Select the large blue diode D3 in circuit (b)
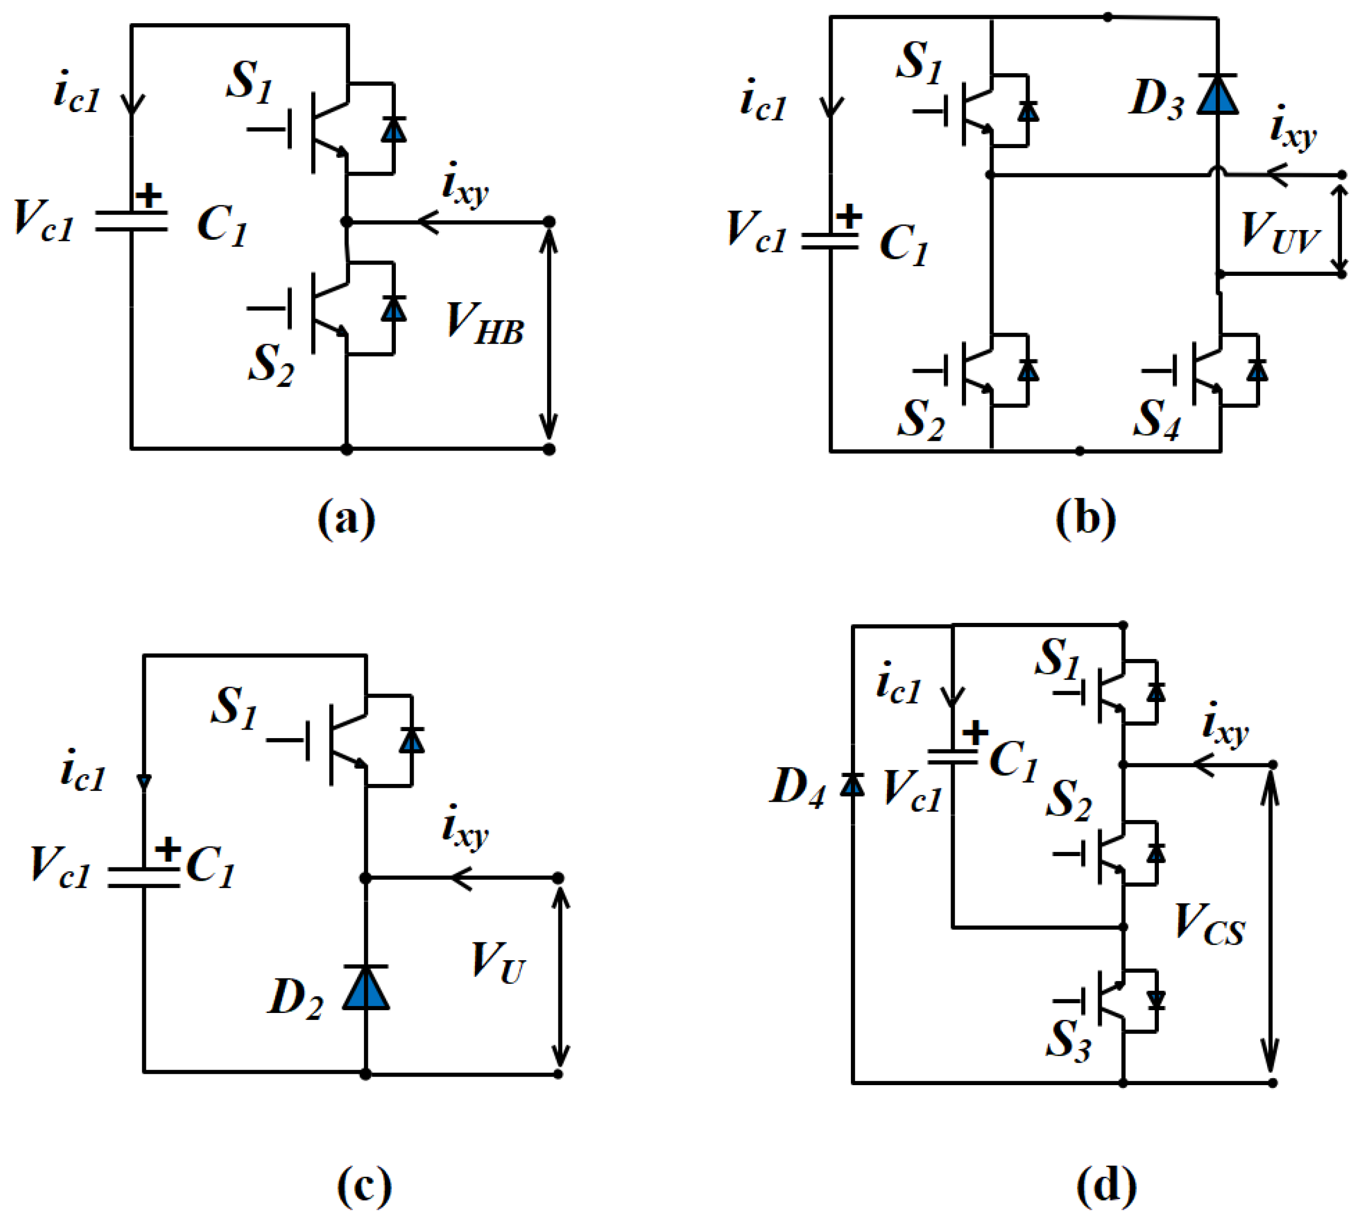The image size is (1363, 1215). click(x=1218, y=95)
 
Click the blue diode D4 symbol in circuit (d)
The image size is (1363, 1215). click(x=852, y=786)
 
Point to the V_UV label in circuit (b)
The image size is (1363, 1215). click(x=1280, y=232)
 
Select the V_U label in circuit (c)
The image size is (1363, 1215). click(x=498, y=963)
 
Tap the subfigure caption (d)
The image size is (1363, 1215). click(x=1106, y=1184)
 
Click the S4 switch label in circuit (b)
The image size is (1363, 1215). click(x=1156, y=419)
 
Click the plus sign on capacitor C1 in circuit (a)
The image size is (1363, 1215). click(x=148, y=196)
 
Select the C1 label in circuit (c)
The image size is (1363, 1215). click(x=211, y=866)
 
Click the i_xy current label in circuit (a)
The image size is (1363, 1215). click(x=465, y=185)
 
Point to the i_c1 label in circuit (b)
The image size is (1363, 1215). click(x=763, y=100)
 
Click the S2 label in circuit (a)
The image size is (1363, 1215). click(x=270, y=364)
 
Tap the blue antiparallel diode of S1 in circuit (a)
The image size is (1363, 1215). click(x=394, y=129)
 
